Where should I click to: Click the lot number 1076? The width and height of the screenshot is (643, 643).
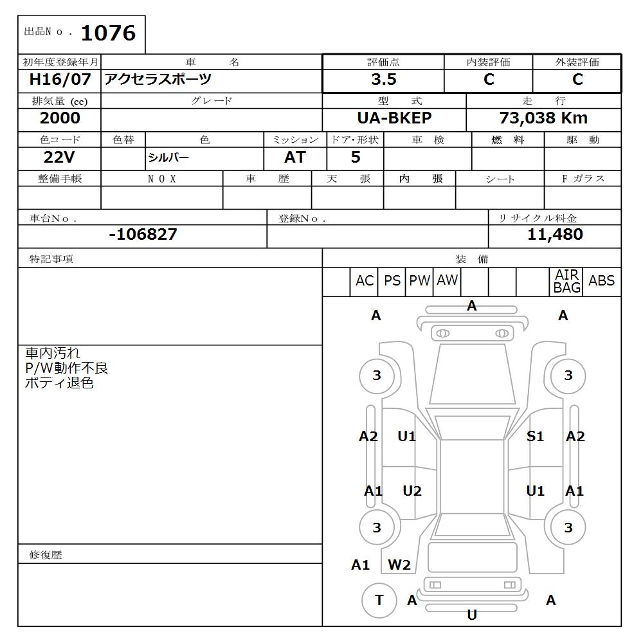point(108,33)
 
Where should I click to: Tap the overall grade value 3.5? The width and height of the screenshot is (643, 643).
point(383,80)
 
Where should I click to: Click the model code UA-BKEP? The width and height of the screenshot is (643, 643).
point(394,118)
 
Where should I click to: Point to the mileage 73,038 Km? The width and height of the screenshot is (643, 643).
point(543,118)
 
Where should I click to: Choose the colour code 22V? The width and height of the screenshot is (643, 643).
point(59,158)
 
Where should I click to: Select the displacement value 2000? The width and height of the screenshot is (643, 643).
point(60,118)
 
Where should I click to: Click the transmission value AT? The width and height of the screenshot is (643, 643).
point(295,158)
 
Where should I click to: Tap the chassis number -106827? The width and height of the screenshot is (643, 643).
point(143,235)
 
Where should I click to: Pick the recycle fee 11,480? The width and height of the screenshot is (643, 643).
point(555,235)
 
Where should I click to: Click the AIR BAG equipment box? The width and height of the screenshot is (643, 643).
point(566,282)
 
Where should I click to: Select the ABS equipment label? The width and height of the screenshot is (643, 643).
point(601,281)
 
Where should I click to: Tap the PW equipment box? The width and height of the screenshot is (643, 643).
point(419,281)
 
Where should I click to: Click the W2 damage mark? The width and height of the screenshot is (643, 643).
point(399,565)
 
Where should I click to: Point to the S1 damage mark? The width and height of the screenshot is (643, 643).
point(535,437)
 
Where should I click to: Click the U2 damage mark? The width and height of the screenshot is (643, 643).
point(412,491)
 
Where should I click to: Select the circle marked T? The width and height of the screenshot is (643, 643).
point(379,600)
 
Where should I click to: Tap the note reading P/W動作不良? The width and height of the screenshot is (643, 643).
point(66,368)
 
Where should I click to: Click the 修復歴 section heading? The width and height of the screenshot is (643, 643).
point(46,554)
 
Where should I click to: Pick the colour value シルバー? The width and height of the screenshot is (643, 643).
point(168,158)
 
